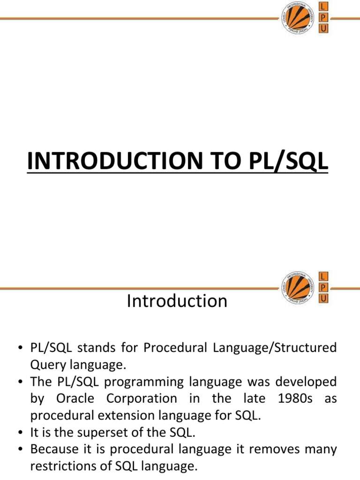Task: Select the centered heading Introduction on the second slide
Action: (177, 300)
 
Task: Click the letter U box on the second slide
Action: (323, 298)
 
